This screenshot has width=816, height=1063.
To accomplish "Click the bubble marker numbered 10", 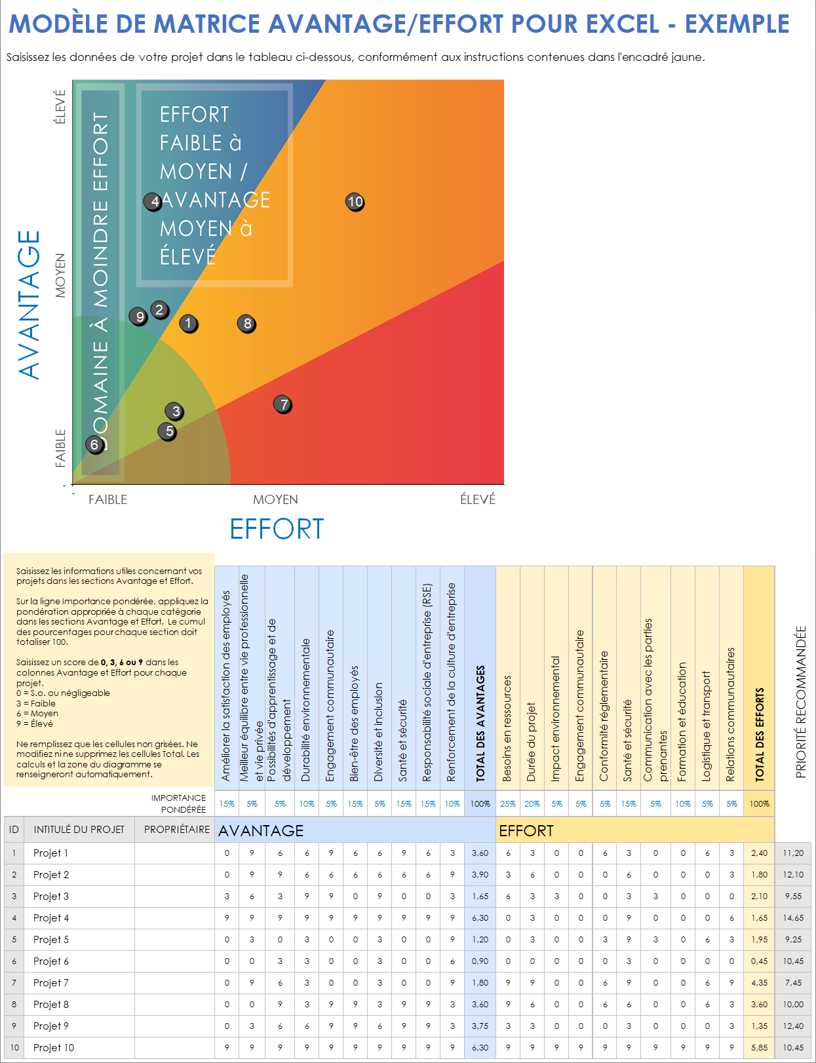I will (x=355, y=202).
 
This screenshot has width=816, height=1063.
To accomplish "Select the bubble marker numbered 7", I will (x=282, y=404).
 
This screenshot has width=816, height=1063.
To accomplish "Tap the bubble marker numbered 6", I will (x=95, y=445).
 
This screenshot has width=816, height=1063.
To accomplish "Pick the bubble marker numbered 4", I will (x=153, y=202).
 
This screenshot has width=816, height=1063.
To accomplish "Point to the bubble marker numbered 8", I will (x=247, y=324).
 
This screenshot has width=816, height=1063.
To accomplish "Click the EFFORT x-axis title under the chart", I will (x=277, y=530).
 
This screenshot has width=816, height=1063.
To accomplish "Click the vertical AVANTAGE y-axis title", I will (x=29, y=305).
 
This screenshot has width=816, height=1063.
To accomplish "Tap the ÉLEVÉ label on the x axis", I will (x=477, y=499).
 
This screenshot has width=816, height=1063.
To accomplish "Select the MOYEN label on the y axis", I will (x=60, y=275).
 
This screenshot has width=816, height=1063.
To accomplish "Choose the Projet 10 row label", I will (x=54, y=1048).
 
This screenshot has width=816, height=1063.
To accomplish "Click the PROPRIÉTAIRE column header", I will (x=177, y=830).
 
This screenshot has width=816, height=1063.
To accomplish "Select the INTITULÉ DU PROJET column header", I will (x=79, y=830).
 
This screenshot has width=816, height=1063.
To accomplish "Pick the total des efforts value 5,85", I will (x=759, y=1048).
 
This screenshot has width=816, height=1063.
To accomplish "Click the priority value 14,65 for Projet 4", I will (x=793, y=918).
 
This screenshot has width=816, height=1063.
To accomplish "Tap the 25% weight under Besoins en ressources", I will (x=508, y=804).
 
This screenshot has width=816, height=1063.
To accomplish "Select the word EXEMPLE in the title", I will (x=737, y=24).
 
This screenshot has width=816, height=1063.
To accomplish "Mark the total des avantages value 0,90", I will (x=480, y=961).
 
